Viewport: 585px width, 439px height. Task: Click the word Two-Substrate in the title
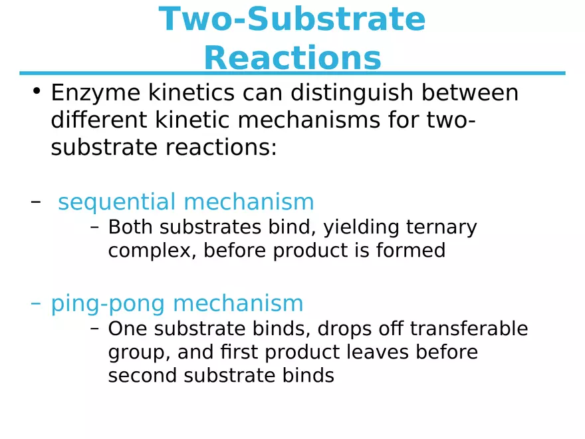292,19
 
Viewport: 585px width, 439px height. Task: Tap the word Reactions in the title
292,59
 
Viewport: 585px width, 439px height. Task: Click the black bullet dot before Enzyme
37,91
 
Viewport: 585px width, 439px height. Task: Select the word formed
413,251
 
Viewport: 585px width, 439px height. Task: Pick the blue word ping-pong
108,303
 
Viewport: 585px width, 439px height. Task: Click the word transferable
469,329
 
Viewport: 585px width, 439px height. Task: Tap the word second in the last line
142,376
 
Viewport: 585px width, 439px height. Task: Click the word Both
131,227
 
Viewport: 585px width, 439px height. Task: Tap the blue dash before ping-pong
36,303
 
